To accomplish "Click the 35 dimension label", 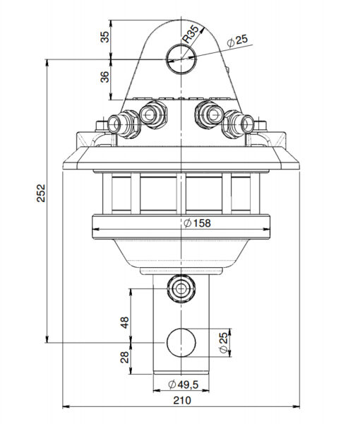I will (x=105, y=37).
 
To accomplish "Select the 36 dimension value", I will (x=105, y=76).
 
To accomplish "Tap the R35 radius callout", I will (x=193, y=33).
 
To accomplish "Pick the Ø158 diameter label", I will (x=196, y=223).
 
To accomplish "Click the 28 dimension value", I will (x=124, y=358).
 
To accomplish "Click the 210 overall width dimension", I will (x=182, y=401).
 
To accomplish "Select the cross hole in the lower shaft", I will (x=181, y=343).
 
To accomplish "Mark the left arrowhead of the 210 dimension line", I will (x=66, y=407).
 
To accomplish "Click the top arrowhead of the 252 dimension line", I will (x=47, y=62).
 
